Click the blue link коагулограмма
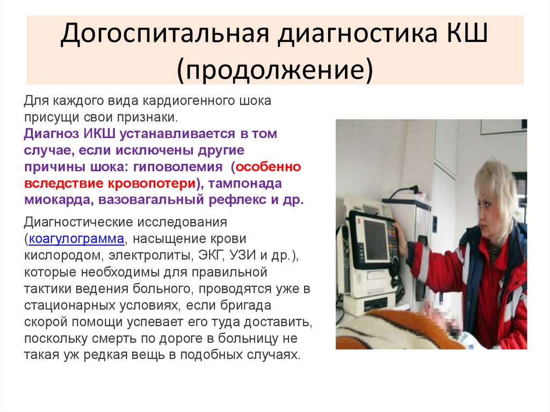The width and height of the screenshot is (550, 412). pos(76,238)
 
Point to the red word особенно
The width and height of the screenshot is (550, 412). pos(266,167)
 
